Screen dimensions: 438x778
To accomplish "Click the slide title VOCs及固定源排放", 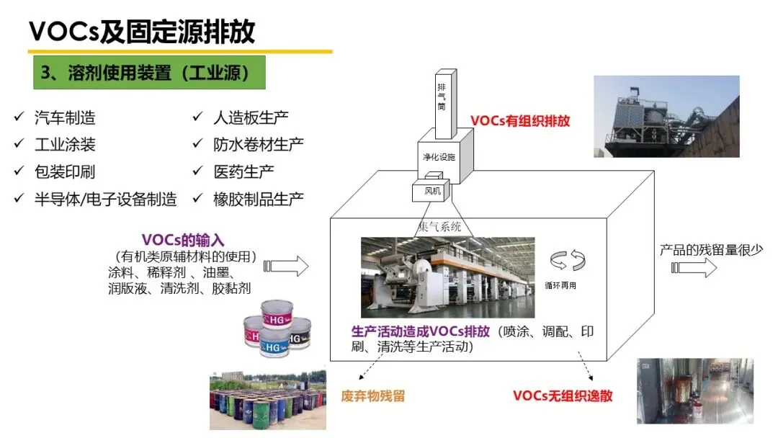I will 142,31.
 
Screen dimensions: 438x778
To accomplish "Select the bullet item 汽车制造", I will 65,117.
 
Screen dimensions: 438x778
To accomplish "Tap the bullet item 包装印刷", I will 65,172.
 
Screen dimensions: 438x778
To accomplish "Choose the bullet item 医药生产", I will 243,172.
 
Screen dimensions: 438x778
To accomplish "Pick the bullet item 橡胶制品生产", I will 259,200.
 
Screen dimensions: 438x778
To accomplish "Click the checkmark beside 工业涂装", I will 19,145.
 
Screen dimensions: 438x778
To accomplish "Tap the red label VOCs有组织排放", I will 520,121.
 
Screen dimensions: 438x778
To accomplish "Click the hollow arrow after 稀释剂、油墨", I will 286,266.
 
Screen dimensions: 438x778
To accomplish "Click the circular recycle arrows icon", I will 563,259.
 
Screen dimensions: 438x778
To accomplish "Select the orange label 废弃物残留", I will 373,395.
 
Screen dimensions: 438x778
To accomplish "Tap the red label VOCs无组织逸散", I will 563,395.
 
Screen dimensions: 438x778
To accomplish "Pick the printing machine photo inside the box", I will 447,277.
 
